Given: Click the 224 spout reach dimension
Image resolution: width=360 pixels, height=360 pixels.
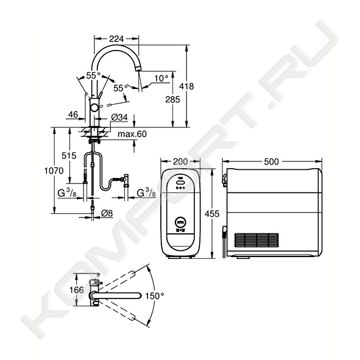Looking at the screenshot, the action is click(116, 39).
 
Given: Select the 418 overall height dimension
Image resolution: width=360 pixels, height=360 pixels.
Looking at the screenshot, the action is click(186, 86).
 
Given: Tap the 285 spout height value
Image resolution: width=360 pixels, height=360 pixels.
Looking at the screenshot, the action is click(172, 99).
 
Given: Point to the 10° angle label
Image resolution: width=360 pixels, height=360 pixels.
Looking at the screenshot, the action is click(161, 79).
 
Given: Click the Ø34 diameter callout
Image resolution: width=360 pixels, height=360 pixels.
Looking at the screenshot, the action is click(119, 118).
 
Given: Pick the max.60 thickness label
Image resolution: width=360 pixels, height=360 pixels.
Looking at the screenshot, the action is click(132, 134).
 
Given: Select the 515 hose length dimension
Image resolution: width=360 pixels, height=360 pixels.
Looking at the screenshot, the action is click(69, 156).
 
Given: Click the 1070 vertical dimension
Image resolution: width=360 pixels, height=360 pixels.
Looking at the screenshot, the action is click(54, 171).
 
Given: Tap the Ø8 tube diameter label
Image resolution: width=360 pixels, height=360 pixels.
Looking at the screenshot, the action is click(107, 213).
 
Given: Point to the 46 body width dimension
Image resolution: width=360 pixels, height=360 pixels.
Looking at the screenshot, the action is click(73, 115).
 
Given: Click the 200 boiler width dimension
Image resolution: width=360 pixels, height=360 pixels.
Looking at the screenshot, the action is click(180, 161).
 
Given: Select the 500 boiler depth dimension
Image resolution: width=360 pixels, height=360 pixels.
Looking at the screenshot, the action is click(272, 161).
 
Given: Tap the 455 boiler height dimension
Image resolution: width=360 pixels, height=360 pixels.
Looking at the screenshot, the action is click(212, 214).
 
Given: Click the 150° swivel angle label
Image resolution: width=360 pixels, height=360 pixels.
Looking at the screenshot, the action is click(155, 296).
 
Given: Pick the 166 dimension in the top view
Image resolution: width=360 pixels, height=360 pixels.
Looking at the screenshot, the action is click(77, 290).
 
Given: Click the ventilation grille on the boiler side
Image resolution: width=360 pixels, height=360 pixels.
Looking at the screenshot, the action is click(256, 240).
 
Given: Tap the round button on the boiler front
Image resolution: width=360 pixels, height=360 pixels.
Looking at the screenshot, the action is click(180, 222).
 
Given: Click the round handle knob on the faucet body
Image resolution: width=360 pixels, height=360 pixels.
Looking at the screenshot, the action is click(94, 108).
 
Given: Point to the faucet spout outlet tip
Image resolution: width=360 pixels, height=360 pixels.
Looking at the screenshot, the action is click(138, 69).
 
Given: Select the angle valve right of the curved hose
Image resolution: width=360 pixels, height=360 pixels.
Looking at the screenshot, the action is click(126, 180).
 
